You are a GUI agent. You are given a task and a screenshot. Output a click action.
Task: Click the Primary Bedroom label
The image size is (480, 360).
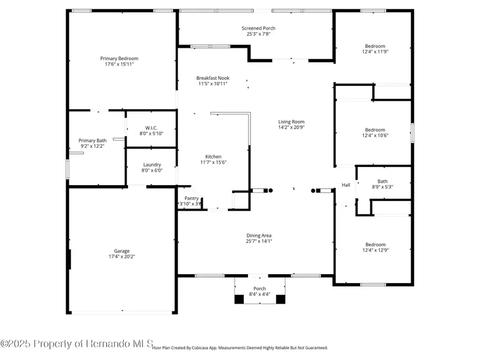coord(119,59)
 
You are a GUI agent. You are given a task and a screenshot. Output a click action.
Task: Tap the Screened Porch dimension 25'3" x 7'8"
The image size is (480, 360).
coord(258,34)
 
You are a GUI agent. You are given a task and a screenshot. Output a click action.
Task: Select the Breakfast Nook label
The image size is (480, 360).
coord(213,78)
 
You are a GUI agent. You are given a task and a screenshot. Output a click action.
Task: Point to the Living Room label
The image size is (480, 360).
coord(291,122)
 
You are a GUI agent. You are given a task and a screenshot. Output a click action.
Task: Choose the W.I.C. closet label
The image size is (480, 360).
coord(150,127)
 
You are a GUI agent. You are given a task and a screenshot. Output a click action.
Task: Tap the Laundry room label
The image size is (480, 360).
coord(152,165)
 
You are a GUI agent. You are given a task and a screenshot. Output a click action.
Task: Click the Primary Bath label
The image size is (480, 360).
coord(93,141)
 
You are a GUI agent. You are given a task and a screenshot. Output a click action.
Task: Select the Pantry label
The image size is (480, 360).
coord(191,198)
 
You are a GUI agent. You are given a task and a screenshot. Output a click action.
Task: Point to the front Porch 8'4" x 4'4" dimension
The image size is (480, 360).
coord(260,294)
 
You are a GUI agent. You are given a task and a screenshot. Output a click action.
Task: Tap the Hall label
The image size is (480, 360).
coord(346,185)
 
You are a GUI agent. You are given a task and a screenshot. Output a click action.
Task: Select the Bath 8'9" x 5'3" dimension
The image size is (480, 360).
coord(382,187)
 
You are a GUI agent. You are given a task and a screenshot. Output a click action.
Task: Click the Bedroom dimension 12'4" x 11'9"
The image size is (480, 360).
coord(375,52)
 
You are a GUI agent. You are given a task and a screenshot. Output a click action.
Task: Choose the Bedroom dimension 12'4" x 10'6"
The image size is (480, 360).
coord(375,135)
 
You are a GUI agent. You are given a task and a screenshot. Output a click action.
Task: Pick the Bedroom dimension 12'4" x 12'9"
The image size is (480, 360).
coord(375,250)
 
